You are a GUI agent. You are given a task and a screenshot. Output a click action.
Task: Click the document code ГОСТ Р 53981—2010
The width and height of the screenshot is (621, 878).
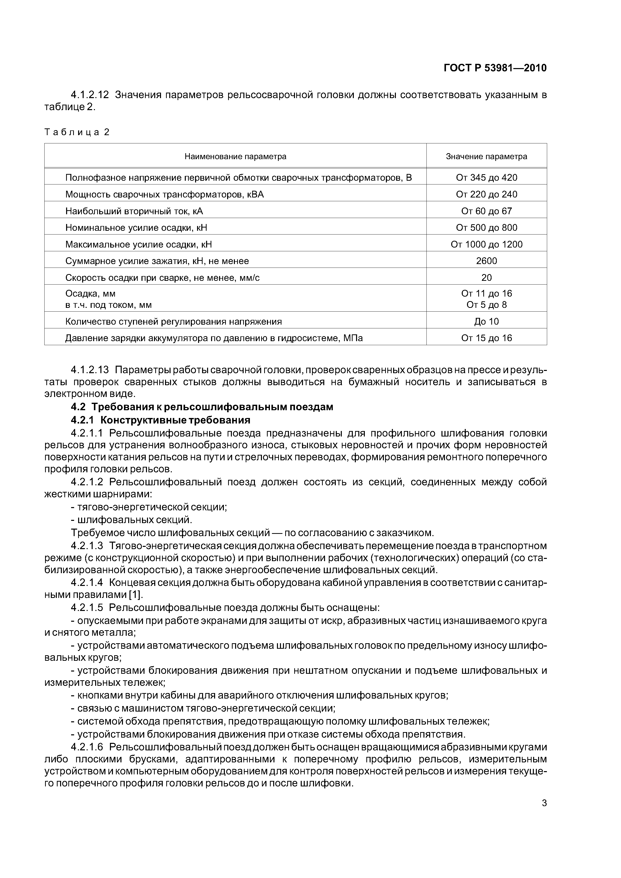tap(495, 68)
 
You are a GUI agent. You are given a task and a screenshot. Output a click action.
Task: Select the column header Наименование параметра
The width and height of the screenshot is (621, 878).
tap(235, 156)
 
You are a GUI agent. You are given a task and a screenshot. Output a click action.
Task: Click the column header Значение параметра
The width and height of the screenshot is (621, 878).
tap(486, 156)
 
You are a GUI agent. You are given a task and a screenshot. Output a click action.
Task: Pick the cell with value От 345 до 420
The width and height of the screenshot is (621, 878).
tap(486, 177)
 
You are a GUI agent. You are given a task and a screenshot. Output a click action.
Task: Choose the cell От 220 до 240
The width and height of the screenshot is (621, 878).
tap(486, 194)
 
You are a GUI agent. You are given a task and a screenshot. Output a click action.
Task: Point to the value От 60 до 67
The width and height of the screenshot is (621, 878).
tap(486, 211)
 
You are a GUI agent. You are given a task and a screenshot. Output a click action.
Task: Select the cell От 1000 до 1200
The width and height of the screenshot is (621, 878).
tap(486, 244)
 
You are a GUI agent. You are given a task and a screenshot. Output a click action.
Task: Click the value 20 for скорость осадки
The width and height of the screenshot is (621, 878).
tap(486, 278)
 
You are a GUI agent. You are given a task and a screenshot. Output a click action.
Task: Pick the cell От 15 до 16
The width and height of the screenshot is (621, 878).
tap(486, 338)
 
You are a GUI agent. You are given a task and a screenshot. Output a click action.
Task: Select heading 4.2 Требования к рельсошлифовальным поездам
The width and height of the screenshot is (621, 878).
tap(202, 407)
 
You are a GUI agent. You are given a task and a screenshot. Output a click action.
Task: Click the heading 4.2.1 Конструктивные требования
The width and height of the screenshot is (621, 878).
tap(161, 420)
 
